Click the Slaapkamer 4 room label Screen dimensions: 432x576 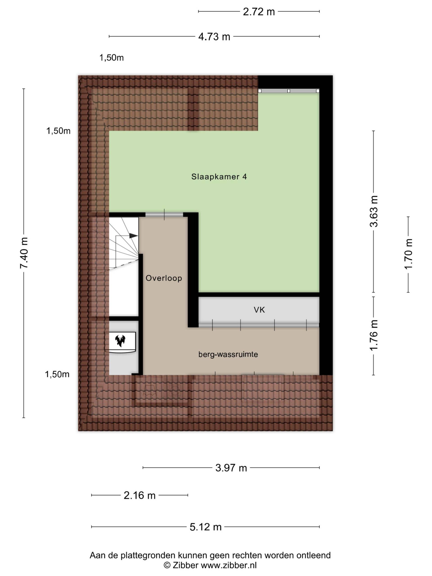coord(219,177)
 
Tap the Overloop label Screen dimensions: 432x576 coord(164,278)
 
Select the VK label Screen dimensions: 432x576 coord(259,310)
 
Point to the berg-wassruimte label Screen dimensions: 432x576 coord(228,354)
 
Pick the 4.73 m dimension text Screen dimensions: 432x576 coord(214,37)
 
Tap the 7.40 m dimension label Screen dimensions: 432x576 coord(24,253)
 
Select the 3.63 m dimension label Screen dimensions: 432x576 coord(374,211)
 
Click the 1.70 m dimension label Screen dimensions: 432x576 coord(408,254)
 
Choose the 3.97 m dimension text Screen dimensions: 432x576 coord(231,468)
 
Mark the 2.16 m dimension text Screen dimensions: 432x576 coord(139,495)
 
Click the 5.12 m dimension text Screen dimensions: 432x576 coord(205,527)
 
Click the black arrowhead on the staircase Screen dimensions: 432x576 coord(134,235)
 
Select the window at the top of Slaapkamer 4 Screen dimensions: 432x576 coord(288,91)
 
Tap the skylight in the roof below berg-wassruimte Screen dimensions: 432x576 coord(263,388)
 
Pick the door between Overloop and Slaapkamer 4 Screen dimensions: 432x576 coord(164,215)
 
